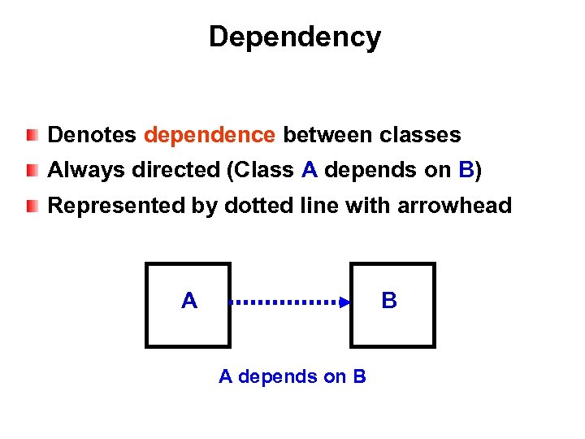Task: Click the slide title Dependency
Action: [x=294, y=37]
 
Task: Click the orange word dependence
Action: [x=210, y=135]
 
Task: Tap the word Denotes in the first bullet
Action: [x=93, y=135]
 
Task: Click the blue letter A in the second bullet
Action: [x=309, y=170]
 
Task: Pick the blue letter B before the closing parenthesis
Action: [x=466, y=170]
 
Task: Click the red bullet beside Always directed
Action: [x=31, y=170]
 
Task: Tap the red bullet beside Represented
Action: [x=31, y=206]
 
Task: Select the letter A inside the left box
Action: [x=189, y=302]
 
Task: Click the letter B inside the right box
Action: [x=389, y=302]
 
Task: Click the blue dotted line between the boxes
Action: [x=284, y=302]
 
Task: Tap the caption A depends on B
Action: [x=292, y=376]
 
